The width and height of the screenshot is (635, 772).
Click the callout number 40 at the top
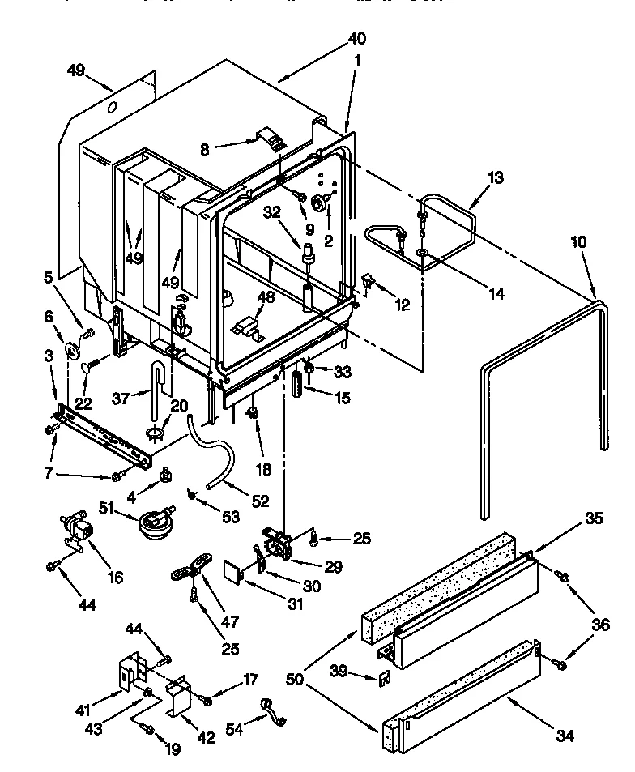click(356, 39)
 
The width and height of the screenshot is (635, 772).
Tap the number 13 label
click(495, 178)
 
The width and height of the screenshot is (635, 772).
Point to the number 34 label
click(565, 736)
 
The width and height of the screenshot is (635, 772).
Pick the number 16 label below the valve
click(116, 577)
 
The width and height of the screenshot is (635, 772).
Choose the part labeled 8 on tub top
click(272, 139)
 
